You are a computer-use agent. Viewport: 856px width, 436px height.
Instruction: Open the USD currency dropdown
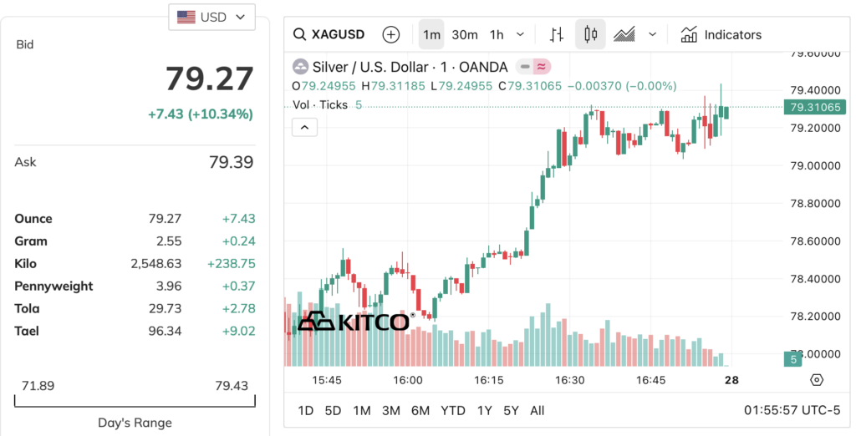coord(211,17)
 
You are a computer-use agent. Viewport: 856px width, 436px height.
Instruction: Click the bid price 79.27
coord(209,79)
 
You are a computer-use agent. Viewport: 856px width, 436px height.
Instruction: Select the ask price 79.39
coord(231,162)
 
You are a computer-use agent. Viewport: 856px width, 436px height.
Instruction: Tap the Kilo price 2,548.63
coord(155,263)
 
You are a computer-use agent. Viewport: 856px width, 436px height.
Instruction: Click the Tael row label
coord(27,331)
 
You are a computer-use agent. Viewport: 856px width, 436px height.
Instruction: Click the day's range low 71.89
coord(38,386)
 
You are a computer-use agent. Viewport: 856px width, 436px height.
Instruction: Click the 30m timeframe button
coord(465,35)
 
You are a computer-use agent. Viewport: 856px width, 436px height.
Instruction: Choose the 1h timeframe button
coord(497,35)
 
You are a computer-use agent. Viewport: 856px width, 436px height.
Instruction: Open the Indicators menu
coord(721,35)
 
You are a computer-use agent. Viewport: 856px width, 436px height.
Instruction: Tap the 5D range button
coord(333,411)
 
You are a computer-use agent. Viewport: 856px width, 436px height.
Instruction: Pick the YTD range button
coord(453,411)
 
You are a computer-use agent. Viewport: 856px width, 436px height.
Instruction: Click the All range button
coord(538,411)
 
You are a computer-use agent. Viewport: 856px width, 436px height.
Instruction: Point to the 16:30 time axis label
coord(570,380)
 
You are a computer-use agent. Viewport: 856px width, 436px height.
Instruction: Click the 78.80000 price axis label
coord(816,203)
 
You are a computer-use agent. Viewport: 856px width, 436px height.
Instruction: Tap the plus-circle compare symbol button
coord(390,35)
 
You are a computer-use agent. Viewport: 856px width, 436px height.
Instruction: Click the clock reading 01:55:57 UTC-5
coord(792,411)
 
